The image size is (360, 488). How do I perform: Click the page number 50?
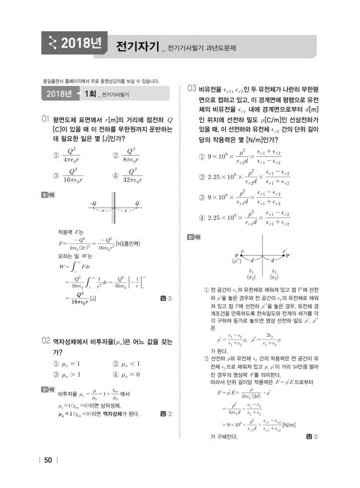pos(48,460)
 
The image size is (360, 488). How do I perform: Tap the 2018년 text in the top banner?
pos(81,44)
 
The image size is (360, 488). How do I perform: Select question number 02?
pos(46,341)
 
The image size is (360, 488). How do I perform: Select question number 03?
pos(192,89)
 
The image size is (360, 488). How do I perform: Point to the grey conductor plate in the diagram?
pos(113,208)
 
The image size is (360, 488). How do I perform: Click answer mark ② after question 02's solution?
pos(167,414)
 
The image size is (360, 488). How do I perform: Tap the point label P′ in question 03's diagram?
pos(288,255)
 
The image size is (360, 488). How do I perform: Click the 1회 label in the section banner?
pos(90,94)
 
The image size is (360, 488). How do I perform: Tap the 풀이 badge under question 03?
pos(193,237)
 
